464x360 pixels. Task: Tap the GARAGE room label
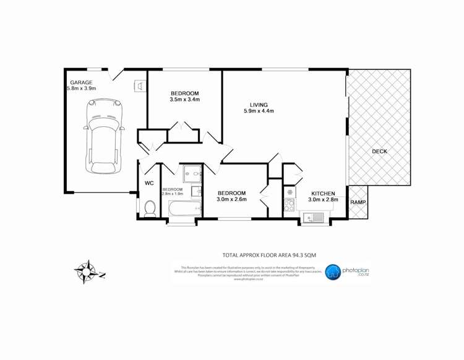81,82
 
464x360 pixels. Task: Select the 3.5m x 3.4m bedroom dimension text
185,100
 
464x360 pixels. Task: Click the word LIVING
259,104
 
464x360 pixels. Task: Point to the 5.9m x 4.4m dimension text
259,111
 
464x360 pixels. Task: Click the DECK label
380,152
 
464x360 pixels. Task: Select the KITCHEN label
324,192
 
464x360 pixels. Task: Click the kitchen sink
314,217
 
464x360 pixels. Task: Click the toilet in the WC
149,208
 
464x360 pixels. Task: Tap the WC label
149,184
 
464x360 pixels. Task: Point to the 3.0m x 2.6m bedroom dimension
231,200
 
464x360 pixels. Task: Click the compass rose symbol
87,271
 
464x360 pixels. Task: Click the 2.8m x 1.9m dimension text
173,194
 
